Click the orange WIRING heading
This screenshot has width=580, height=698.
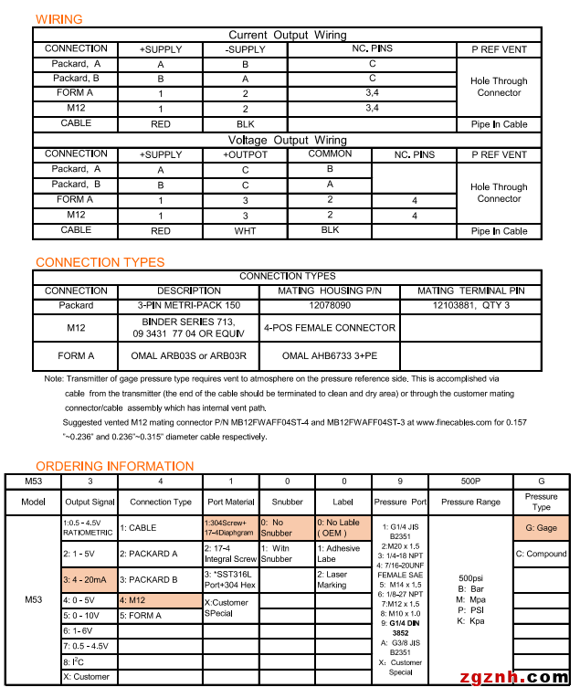[x=58, y=19]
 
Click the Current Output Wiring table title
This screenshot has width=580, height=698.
[x=287, y=36]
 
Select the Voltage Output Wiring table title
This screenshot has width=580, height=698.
[x=287, y=141]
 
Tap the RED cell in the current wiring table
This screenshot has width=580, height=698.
[x=161, y=123]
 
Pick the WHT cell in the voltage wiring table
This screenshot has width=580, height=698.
[x=245, y=231]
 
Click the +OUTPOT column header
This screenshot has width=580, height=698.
[x=245, y=155]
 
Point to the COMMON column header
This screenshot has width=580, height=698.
[x=330, y=154]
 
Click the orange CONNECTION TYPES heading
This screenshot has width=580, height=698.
[x=100, y=262]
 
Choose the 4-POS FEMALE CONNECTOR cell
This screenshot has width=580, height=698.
[x=329, y=327]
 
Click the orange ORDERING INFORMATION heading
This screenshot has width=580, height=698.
[x=114, y=466]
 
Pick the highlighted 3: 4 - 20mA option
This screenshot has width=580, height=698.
[x=89, y=579]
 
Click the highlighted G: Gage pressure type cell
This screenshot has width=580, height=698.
[x=542, y=528]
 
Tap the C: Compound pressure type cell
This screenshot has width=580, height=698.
[x=542, y=554]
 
